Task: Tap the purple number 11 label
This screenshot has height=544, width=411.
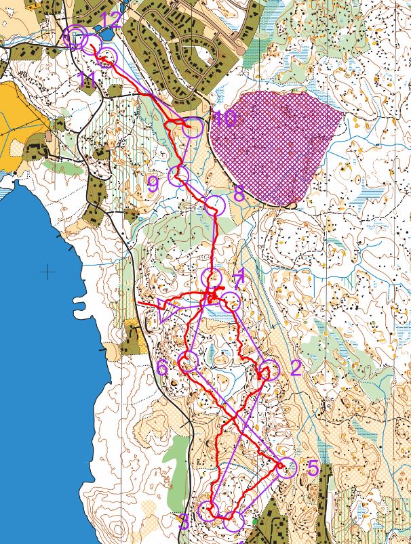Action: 87,80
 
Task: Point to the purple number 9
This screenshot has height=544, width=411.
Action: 153,183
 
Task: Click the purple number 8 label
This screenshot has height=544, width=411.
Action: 239,194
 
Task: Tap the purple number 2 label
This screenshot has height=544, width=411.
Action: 295,368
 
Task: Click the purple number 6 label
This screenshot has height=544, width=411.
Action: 161,368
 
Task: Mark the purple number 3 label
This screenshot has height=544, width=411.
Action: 184,522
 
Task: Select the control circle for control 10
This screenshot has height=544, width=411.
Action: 193,127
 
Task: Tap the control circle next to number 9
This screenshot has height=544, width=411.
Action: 178,175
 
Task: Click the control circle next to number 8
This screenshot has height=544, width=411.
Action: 215,205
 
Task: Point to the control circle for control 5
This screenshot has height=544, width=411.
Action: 287,467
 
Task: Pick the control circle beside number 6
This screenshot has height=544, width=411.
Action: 188,361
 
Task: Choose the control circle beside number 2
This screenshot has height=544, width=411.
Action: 269,370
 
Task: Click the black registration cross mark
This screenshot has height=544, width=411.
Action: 47,272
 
